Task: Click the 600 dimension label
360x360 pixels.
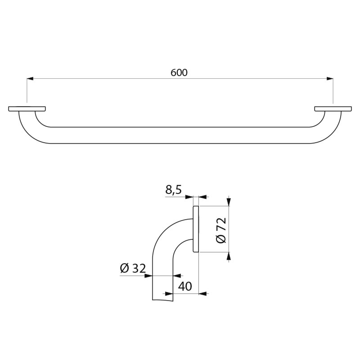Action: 179,72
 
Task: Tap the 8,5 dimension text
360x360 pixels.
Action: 173,190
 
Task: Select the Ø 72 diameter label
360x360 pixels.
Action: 221,230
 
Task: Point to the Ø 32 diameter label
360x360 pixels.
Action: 133,268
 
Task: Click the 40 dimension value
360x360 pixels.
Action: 185,286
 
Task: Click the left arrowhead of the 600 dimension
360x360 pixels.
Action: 30,79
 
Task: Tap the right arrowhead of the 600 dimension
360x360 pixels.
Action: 330,79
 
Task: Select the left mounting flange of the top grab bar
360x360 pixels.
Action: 27,109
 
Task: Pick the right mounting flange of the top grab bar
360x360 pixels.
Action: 333,109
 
